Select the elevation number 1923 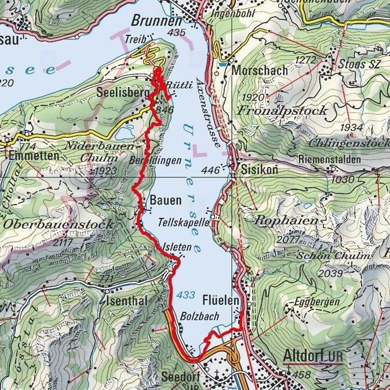point(107,171)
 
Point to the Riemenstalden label point(330,159)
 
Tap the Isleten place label point(177,246)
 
